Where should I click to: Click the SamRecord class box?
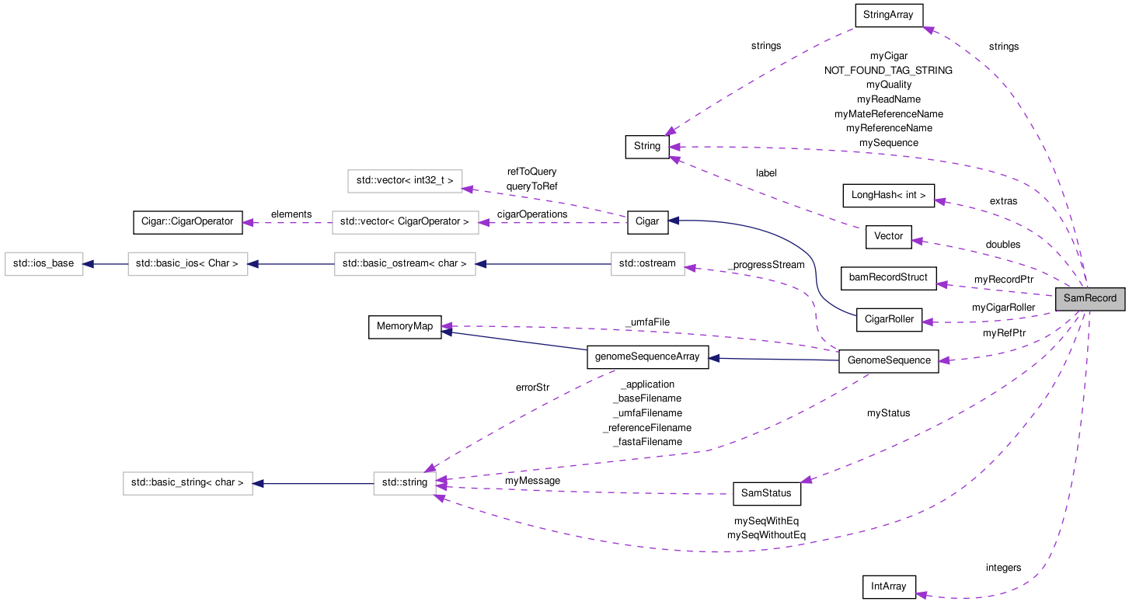(1089, 298)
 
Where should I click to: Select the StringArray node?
(888, 15)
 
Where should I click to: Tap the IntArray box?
(889, 586)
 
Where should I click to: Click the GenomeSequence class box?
(889, 360)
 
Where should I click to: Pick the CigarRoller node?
(888, 320)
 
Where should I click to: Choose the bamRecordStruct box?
(888, 277)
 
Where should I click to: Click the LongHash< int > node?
(888, 196)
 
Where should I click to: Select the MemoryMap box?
(404, 326)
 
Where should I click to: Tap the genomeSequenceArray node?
(647, 357)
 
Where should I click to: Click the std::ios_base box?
(44, 263)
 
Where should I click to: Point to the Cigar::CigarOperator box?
(187, 221)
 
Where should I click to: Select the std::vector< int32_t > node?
(404, 181)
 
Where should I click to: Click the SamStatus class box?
(766, 493)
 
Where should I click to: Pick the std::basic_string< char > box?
(187, 483)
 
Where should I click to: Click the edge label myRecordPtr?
(1003, 279)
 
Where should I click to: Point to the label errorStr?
(532, 387)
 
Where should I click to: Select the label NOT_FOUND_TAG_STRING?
(888, 70)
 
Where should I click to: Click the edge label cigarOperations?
(532, 214)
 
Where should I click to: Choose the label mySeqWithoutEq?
(766, 535)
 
